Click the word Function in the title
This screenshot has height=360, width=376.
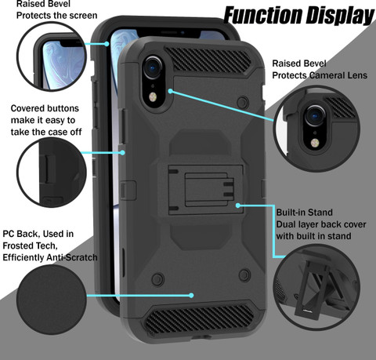click(263, 16)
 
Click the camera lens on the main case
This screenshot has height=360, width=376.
click(154, 67)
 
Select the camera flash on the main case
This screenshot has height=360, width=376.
click(153, 97)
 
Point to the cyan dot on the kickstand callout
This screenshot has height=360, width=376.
click(238, 205)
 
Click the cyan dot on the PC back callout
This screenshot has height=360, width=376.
click(191, 296)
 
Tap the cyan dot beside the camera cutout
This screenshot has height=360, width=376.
click(170, 91)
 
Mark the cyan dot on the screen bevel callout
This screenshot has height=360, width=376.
click(107, 44)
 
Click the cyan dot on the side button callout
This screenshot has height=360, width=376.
click(122, 152)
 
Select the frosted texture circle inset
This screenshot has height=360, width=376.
click(52, 300)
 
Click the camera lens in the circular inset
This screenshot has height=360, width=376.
click(316, 115)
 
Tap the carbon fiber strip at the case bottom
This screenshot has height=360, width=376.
click(199, 318)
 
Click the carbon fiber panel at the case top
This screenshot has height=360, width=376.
click(208, 59)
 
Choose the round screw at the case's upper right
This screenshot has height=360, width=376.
click(243, 102)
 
